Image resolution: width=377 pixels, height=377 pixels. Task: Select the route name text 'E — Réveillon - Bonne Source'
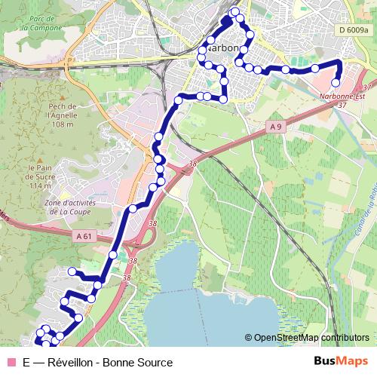[x=97, y=363]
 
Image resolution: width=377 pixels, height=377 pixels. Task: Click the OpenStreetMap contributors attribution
[x=311, y=338]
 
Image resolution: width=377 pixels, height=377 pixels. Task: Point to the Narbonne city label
[x=220, y=47]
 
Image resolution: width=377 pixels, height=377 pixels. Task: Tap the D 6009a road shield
[x=353, y=30]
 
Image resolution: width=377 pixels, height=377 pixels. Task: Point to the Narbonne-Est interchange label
[x=340, y=96]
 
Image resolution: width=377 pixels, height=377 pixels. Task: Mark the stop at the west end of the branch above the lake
[x=72, y=271]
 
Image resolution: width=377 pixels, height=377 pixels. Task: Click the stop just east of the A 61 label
[x=113, y=255]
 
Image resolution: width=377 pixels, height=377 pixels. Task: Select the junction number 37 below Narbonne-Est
[x=343, y=105]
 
